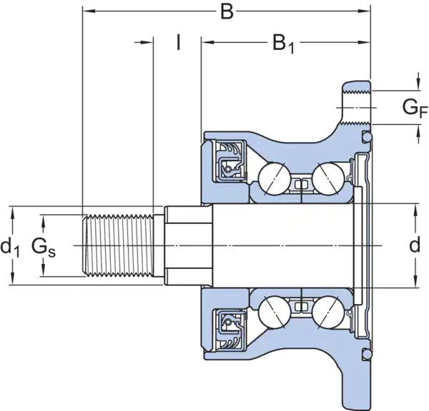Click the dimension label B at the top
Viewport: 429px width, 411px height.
[227, 11]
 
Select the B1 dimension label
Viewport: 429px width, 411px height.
[283, 44]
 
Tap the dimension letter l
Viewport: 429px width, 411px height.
[178, 42]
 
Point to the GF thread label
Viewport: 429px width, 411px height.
[415, 109]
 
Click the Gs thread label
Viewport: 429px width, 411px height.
[44, 248]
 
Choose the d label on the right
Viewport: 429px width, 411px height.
[415, 245]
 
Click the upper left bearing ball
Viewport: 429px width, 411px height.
[275, 178]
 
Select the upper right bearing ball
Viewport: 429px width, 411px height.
[328, 178]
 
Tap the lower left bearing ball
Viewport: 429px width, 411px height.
[275, 312]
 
